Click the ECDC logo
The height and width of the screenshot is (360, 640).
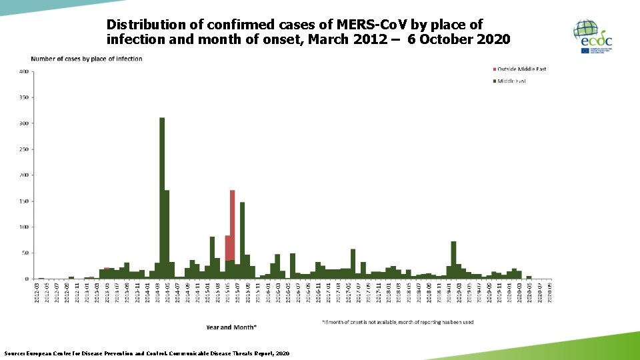pos(593,37)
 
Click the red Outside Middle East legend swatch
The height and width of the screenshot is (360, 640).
pos(494,69)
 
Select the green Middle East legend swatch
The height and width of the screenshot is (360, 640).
pos(494,81)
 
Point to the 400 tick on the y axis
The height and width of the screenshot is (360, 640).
pos(23,71)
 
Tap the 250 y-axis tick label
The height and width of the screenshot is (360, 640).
pos(23,149)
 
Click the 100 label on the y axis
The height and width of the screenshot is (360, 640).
pos(23,227)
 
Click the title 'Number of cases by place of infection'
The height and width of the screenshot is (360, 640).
pos(86,59)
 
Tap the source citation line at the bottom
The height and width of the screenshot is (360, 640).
pos(147,353)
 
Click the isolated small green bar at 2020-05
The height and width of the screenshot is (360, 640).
pos(529,277)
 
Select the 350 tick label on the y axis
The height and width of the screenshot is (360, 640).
pos(23,97)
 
